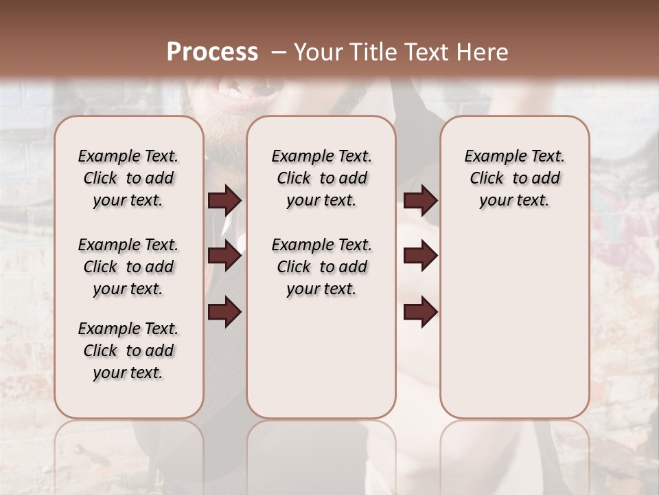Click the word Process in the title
(x=212, y=52)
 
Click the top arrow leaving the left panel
(x=224, y=200)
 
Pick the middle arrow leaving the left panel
(x=224, y=256)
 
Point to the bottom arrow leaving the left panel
(x=224, y=311)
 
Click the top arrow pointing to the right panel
(x=421, y=200)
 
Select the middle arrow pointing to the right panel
(x=421, y=256)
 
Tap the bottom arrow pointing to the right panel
(x=421, y=311)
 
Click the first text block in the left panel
(x=128, y=178)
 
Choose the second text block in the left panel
(x=128, y=267)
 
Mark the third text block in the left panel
(x=128, y=351)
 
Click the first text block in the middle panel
(x=321, y=178)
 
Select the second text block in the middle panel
(x=321, y=267)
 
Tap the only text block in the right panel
(x=514, y=178)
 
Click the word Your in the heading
(x=315, y=52)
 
